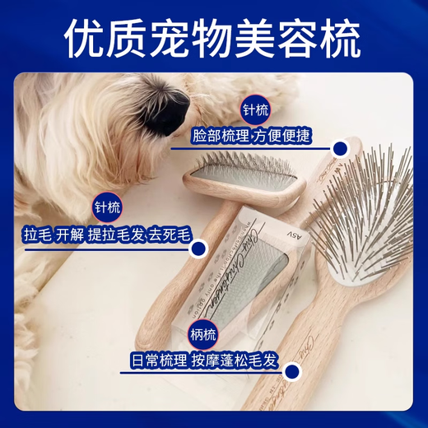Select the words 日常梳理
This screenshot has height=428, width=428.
pos(159,360)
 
